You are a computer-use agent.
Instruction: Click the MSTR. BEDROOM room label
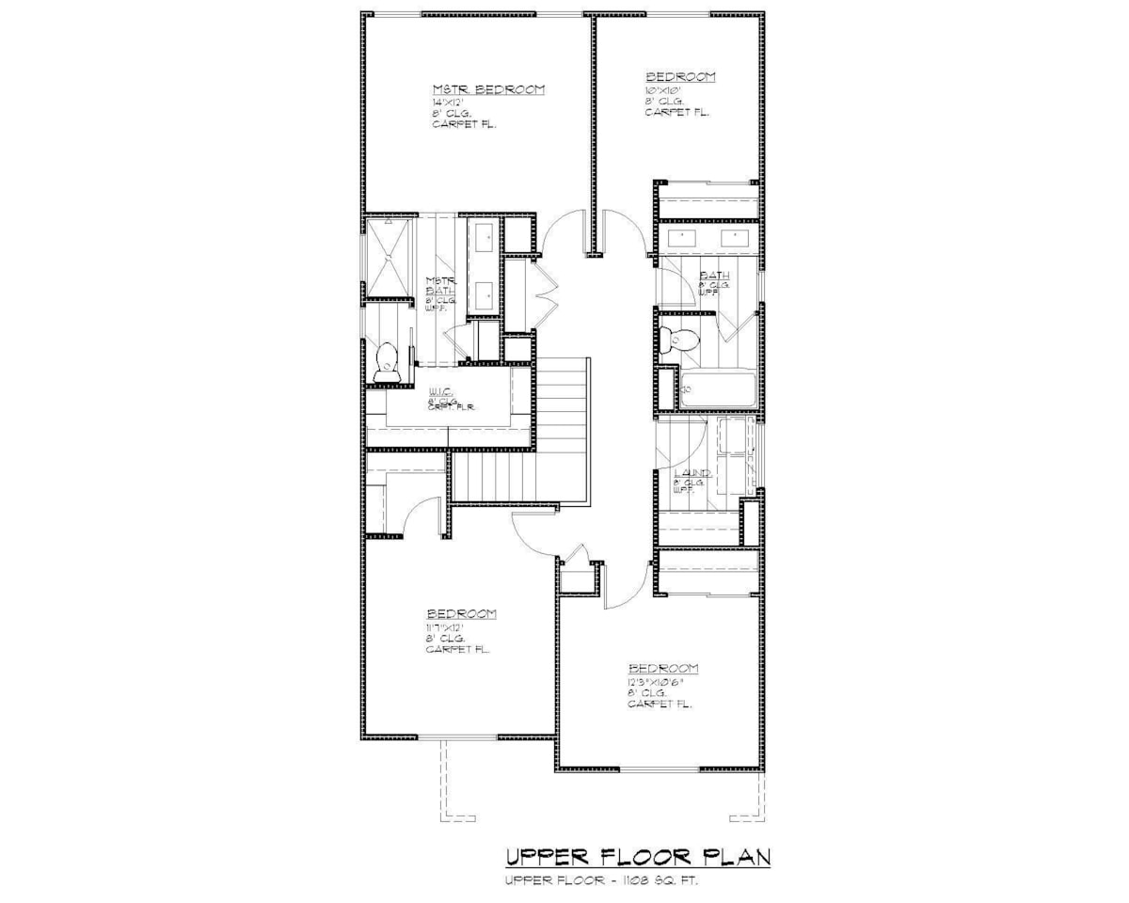pos(488,89)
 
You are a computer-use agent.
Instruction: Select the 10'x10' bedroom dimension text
pos(662,89)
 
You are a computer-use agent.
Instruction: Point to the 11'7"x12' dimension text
pos(445,626)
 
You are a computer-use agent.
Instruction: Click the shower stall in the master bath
pos(389,258)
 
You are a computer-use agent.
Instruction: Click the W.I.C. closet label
pos(441,390)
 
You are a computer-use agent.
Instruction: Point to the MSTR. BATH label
pos(440,286)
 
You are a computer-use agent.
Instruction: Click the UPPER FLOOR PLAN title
pos(639,857)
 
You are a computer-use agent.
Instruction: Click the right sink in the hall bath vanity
pos(735,237)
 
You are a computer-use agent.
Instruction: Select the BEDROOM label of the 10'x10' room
pos(680,76)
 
